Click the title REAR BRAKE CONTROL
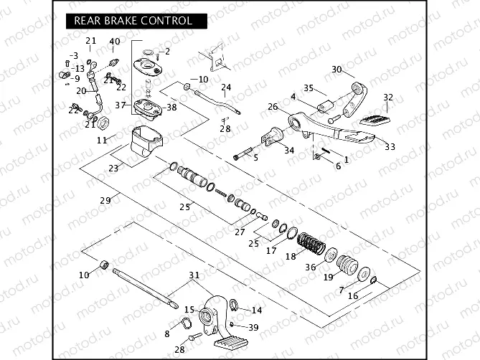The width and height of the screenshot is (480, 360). (133, 21)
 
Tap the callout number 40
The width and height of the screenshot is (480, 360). (115, 41)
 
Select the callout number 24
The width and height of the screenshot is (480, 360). (226, 88)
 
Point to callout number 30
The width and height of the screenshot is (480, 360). (337, 70)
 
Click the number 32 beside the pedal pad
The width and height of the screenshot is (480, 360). (388, 98)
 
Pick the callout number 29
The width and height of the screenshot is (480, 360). (105, 200)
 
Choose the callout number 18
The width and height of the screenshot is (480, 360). (290, 255)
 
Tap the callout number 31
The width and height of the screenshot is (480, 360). (194, 276)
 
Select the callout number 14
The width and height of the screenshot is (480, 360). (256, 310)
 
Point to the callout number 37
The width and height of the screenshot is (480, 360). (121, 105)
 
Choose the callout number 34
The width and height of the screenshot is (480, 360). (288, 150)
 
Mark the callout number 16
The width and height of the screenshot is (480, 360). (352, 295)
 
